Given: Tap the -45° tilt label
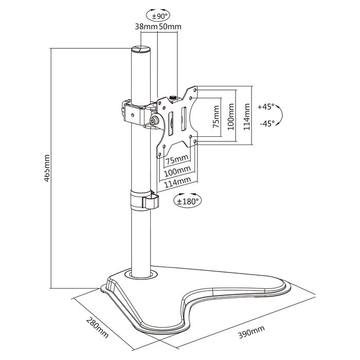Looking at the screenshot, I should (x=266, y=123).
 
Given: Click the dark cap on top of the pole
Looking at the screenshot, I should (x=141, y=50).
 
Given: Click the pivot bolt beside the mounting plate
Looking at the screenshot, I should (x=154, y=121).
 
